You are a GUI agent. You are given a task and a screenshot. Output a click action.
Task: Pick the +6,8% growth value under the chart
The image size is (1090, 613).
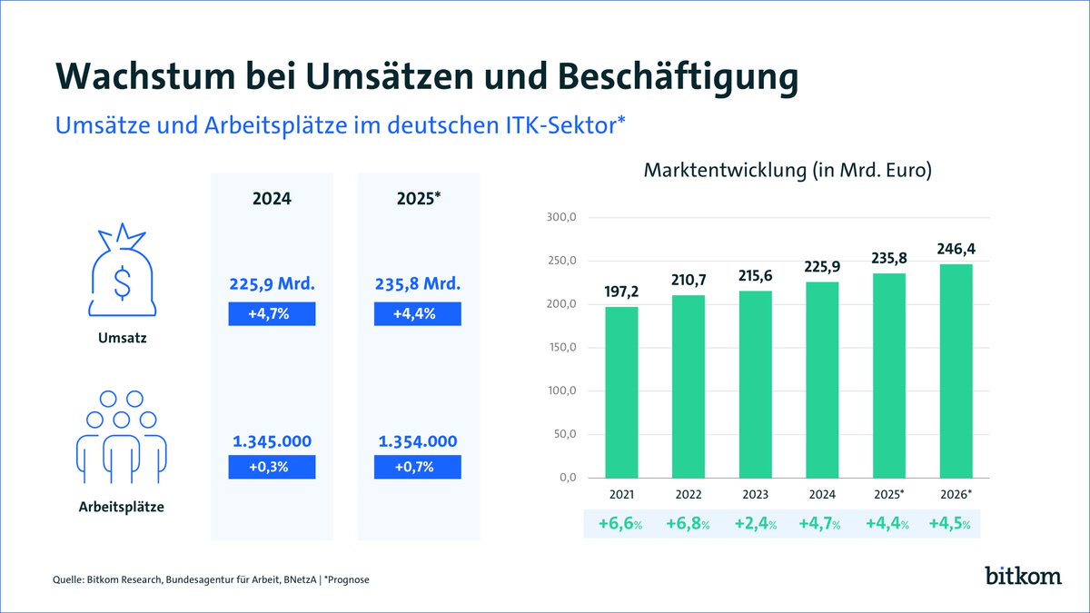tap(688, 525)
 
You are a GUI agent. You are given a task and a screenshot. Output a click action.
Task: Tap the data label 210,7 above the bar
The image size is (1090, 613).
tap(688, 279)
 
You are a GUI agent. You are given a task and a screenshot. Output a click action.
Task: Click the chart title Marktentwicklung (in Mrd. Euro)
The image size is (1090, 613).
tap(788, 170)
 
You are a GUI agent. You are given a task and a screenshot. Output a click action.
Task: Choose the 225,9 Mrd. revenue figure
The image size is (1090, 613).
tap(272, 285)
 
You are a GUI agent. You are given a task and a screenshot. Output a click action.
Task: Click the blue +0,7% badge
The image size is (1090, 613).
tap(417, 467)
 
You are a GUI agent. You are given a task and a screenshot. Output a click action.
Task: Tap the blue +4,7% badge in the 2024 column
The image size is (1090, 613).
tap(272, 314)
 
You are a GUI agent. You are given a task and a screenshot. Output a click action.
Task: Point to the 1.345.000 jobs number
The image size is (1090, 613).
tap(272, 441)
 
